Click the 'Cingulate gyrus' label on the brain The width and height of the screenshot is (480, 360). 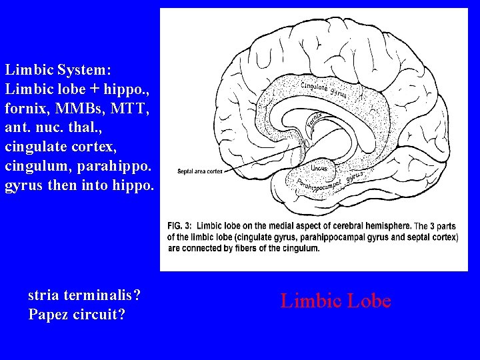[324, 89]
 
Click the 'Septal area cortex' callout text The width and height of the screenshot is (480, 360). [200, 171]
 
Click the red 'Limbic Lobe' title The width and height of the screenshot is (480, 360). [335, 301]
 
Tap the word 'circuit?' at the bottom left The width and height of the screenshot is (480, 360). [102, 313]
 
